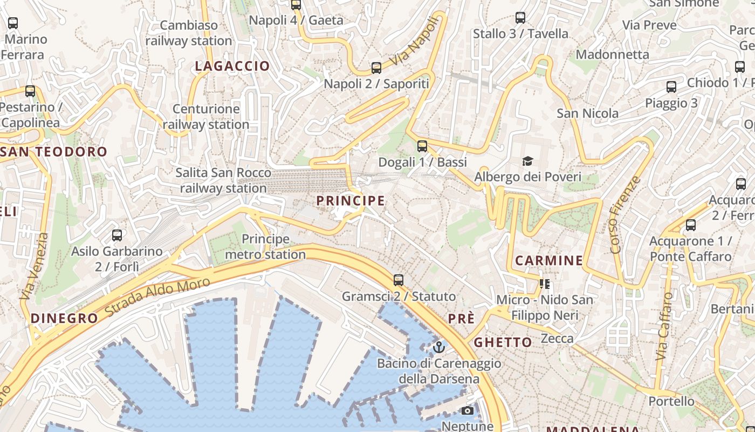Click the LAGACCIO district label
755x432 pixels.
point(232,66)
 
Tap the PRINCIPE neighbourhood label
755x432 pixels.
point(351,201)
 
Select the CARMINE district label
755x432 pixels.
point(549,261)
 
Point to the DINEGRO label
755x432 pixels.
point(64,318)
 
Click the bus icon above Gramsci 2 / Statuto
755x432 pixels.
point(399,280)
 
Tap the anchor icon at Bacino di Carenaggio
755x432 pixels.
point(438,347)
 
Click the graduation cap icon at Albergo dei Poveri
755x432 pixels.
point(527,161)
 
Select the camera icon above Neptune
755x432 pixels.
point(468,411)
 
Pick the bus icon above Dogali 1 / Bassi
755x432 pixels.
point(422,146)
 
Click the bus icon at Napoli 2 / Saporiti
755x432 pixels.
point(376,68)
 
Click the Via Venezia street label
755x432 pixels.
point(33,267)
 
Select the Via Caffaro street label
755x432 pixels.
point(664,326)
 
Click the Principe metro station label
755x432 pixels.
point(265,246)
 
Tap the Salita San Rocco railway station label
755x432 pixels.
point(223,180)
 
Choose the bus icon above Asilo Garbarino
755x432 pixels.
point(117,235)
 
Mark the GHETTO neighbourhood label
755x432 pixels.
point(503,342)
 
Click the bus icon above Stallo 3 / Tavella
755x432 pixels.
point(520,18)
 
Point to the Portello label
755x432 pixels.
point(671,401)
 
